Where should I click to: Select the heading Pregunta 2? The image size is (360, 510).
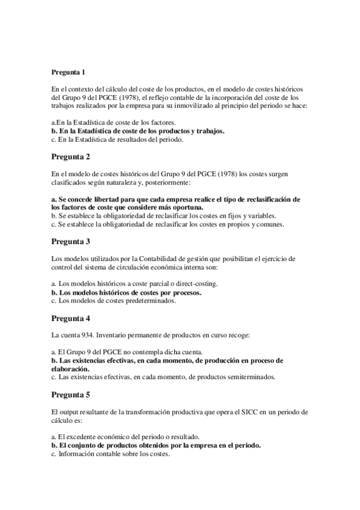tap(71, 157)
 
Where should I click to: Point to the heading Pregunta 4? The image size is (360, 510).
tap(71, 318)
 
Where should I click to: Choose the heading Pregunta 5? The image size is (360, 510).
tap(71, 395)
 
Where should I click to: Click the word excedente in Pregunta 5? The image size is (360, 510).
tap(78, 437)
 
